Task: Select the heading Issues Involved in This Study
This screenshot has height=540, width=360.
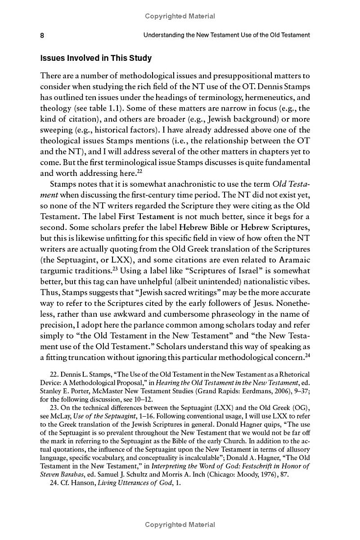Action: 96,58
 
